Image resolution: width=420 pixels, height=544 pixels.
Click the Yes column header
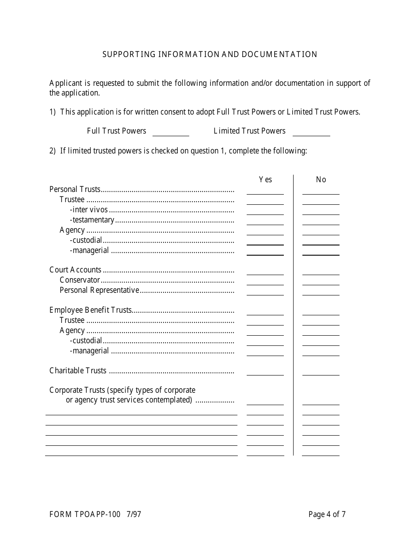click(265, 180)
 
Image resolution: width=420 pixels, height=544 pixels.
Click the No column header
click(321, 180)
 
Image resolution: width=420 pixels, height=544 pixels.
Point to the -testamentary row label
click(92, 220)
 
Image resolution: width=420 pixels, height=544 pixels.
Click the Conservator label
click(80, 280)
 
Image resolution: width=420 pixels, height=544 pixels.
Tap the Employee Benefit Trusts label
click(91, 310)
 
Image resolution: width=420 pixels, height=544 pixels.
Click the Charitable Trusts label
click(78, 371)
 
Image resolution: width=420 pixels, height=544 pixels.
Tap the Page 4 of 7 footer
click(327, 514)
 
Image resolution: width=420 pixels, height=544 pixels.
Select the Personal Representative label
click(99, 290)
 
